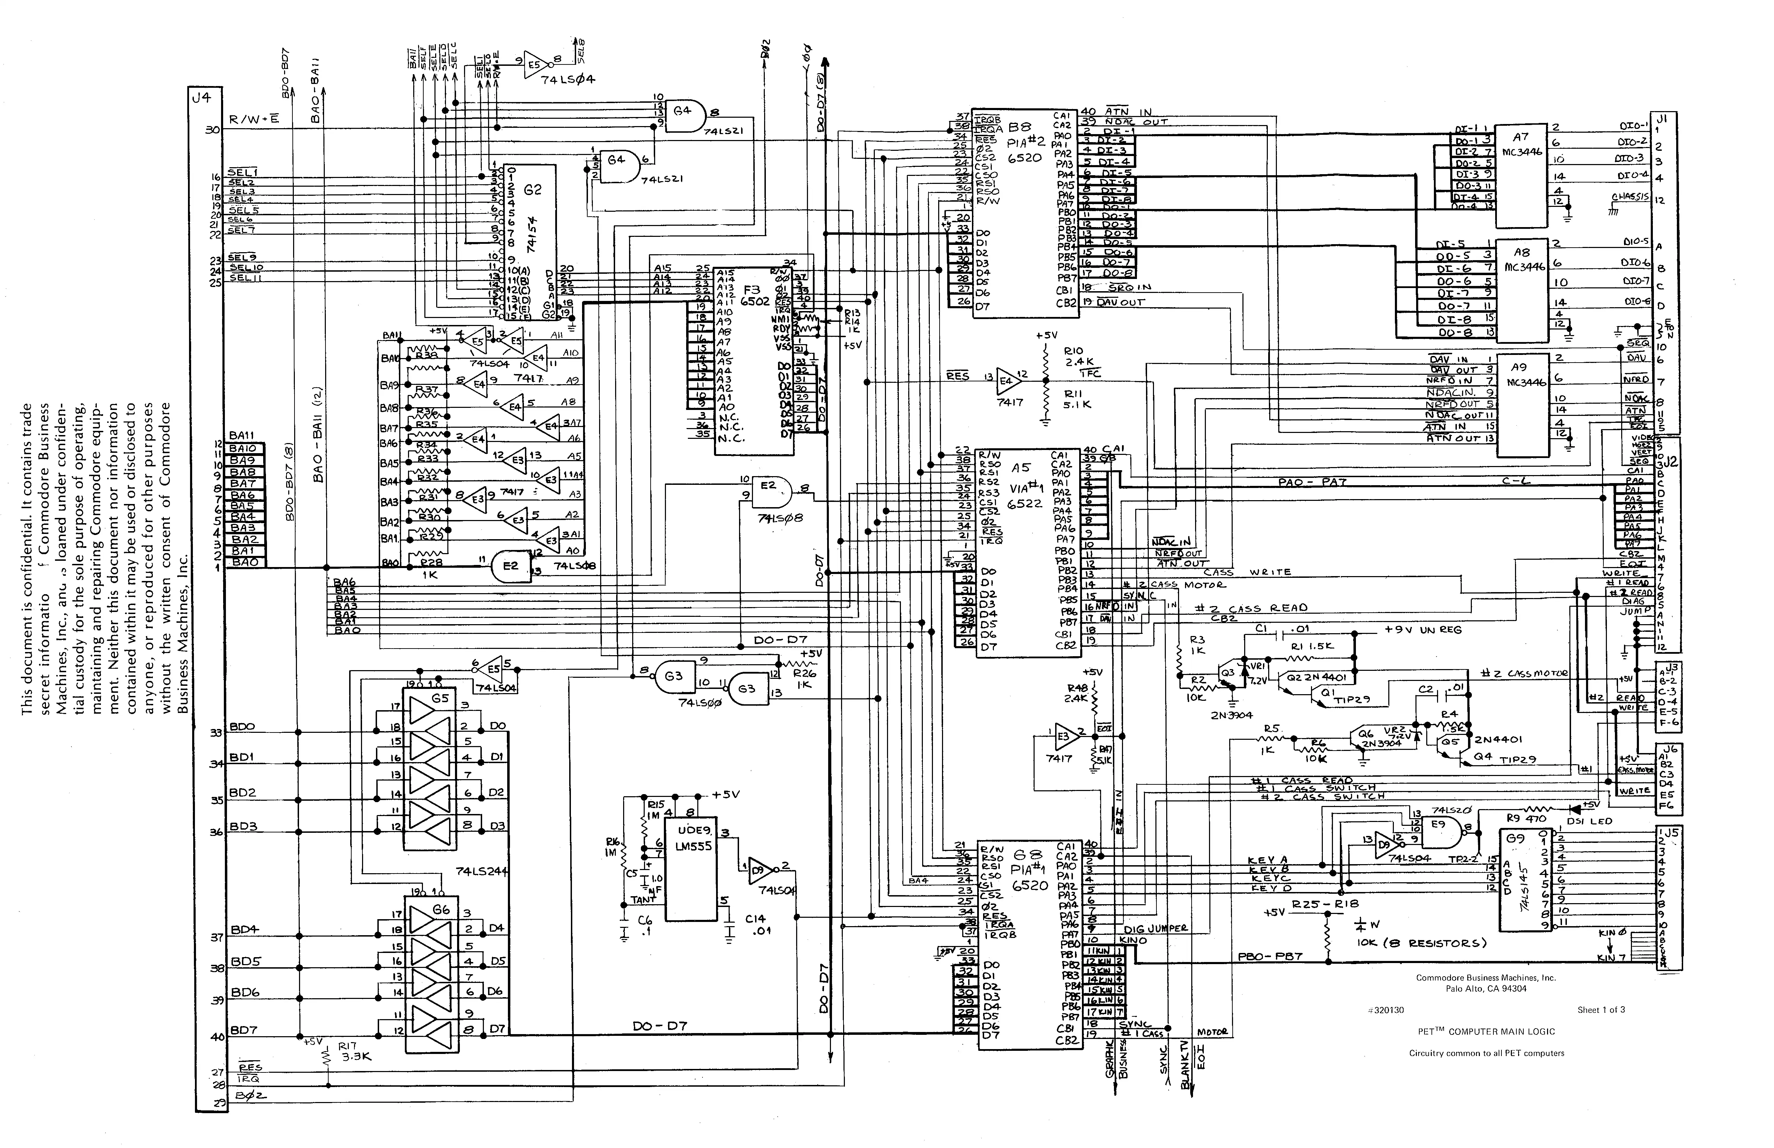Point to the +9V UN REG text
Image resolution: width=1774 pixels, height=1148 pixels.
(1423, 630)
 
